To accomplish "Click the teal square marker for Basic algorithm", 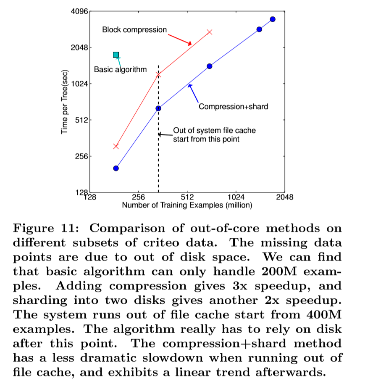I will tap(116, 55).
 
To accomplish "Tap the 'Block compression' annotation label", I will tap(134, 30).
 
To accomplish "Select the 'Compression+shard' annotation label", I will tap(233, 107).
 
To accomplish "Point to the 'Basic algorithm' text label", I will tap(120, 69).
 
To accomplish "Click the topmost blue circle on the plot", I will tap(273, 19).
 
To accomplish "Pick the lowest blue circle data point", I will tap(116, 168).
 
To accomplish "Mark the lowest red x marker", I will tap(116, 146).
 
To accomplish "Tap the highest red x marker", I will tap(210, 32).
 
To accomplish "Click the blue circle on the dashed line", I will tap(158, 108).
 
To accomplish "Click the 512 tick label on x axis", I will tap(187, 197).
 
